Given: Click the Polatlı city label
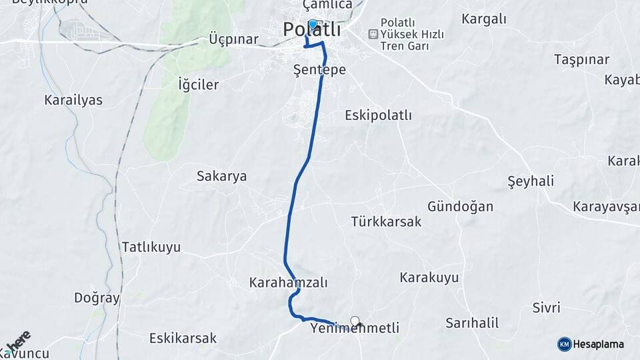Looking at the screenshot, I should pyautogui.click(x=311, y=30).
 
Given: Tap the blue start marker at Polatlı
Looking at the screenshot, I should pyautogui.click(x=312, y=25).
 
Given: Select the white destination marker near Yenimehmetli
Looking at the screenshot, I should pyautogui.click(x=355, y=321).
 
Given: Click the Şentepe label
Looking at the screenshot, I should pyautogui.click(x=320, y=69).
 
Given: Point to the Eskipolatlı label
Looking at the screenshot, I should pyautogui.click(x=378, y=115).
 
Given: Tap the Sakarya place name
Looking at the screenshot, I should pyautogui.click(x=221, y=177).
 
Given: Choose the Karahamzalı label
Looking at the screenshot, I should pyautogui.click(x=289, y=283).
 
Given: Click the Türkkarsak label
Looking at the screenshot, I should pyautogui.click(x=386, y=222).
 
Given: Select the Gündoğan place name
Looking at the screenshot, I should pyautogui.click(x=461, y=207).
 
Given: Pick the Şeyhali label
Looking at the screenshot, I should pyautogui.click(x=531, y=181).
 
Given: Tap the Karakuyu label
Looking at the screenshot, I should pyautogui.click(x=429, y=277).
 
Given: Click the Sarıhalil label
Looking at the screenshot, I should pyautogui.click(x=472, y=323).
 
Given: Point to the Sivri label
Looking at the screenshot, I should pyautogui.click(x=546, y=308).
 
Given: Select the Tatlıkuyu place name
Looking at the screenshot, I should pyautogui.click(x=151, y=247).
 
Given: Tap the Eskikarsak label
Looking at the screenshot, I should pyautogui.click(x=183, y=338).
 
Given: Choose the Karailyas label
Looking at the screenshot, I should pyautogui.click(x=73, y=100).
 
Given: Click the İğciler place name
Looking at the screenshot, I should pyautogui.click(x=199, y=85).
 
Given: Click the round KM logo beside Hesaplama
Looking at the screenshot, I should pyautogui.click(x=564, y=344).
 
